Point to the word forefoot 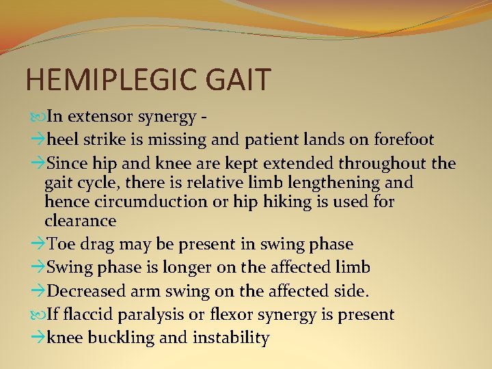point(404,140)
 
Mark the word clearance point(80,221)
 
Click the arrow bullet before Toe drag point(38,244)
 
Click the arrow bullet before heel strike point(38,140)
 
